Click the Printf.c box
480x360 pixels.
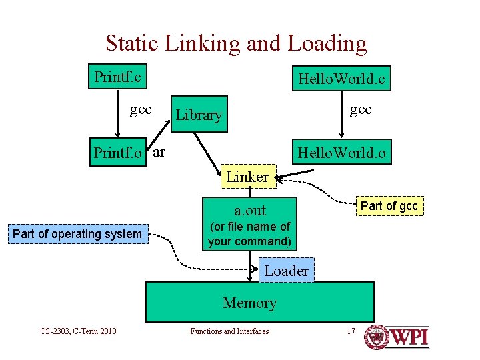(x=118, y=77)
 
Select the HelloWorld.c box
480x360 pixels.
(x=341, y=79)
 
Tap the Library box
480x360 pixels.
(x=199, y=115)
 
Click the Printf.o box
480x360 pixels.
(x=118, y=153)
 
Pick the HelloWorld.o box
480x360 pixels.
(x=341, y=153)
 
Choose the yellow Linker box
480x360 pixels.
(x=247, y=177)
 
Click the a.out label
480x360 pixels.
(x=250, y=211)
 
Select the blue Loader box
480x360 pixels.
(x=285, y=271)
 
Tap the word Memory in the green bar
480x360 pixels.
(x=250, y=303)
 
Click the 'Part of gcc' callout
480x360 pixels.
(x=389, y=206)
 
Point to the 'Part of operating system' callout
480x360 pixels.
(x=77, y=233)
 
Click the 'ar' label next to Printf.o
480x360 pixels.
(x=159, y=152)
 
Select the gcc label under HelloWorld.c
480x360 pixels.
(x=361, y=109)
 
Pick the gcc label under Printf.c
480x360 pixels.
(x=141, y=109)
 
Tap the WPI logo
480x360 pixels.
(x=397, y=337)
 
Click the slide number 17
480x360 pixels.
(x=351, y=331)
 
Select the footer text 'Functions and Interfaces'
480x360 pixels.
(x=229, y=331)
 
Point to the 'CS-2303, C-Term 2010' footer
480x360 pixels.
(x=78, y=331)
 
